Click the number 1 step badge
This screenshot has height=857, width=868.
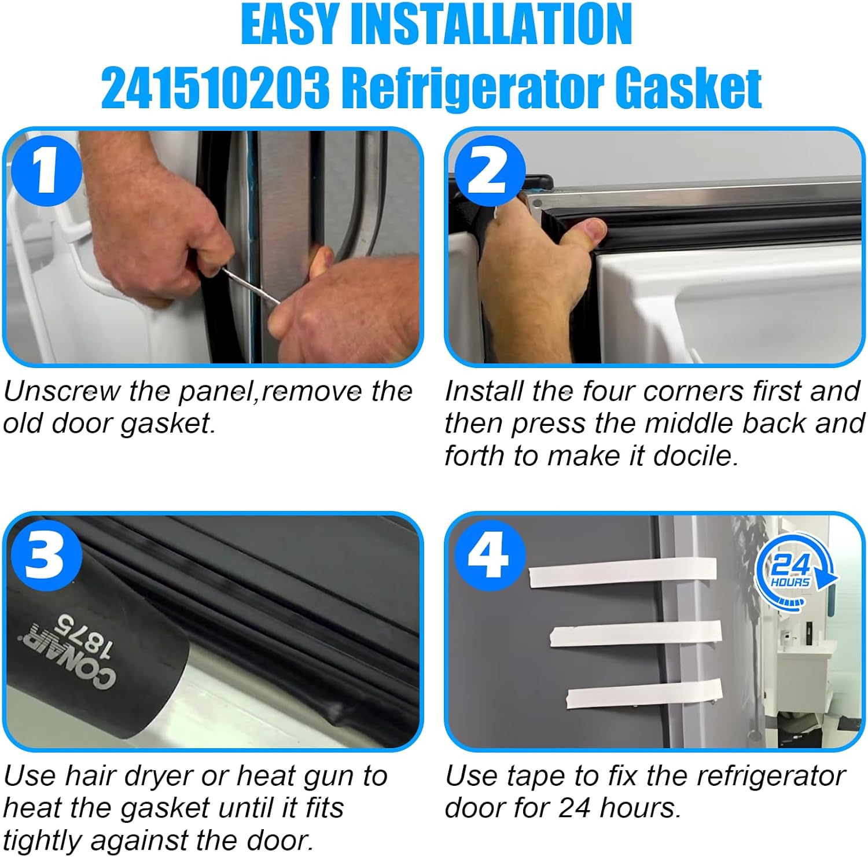tap(46, 170)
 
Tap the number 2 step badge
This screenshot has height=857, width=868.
tap(489, 171)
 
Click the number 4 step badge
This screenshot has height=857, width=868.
tap(490, 554)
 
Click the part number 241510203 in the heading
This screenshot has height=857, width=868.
tap(215, 87)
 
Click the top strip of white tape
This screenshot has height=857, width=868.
tap(622, 572)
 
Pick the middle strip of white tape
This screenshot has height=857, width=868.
tap(635, 634)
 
